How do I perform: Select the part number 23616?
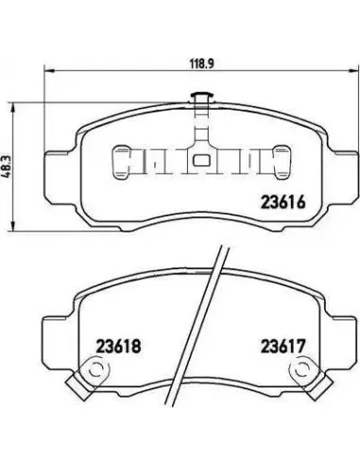coord(283,202)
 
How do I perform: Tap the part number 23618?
coord(118,346)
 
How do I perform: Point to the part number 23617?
coord(283,346)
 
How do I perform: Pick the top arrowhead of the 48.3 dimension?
coord(12,108)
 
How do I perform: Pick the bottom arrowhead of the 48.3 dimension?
coord(12,226)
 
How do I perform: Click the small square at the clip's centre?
coord(201,161)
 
